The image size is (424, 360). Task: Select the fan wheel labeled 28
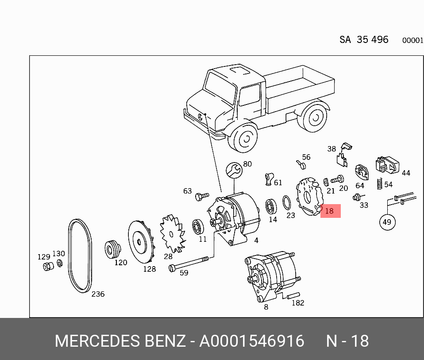(172, 234)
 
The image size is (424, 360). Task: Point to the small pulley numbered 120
(112, 249)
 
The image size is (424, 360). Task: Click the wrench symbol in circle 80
(234, 170)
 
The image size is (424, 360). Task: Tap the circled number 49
(387, 222)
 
